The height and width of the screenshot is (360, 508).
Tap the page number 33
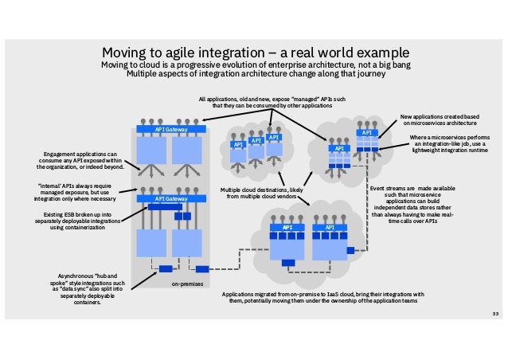point(494,314)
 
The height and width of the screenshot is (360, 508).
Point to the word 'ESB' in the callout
point(83,213)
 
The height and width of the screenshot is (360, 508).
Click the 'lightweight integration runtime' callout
point(448,144)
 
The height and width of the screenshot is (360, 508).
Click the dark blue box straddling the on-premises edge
point(201,268)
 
